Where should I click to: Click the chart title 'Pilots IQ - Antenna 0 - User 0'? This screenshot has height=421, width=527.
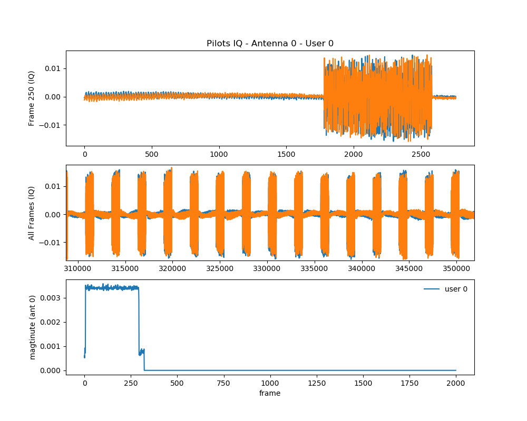(x=270, y=44)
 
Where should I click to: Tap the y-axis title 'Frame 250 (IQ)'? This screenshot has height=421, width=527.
(x=32, y=98)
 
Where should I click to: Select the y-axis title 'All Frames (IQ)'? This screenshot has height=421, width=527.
(x=32, y=213)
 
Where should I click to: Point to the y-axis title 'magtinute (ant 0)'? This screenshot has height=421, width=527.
(x=32, y=327)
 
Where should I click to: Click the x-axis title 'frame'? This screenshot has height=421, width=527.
(x=270, y=393)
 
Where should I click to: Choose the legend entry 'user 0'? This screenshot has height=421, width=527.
(x=456, y=289)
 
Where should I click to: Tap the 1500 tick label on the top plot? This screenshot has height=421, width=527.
(x=286, y=155)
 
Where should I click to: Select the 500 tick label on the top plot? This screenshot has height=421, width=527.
(x=152, y=155)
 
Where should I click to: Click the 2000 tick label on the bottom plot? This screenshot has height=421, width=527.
(x=456, y=384)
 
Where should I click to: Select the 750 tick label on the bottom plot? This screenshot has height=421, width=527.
(x=223, y=384)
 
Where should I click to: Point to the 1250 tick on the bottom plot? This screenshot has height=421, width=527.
(x=316, y=384)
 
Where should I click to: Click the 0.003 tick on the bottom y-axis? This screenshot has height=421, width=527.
(x=53, y=298)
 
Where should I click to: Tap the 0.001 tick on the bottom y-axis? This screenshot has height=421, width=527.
(x=53, y=346)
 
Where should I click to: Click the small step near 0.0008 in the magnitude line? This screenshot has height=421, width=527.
(x=141, y=352)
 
